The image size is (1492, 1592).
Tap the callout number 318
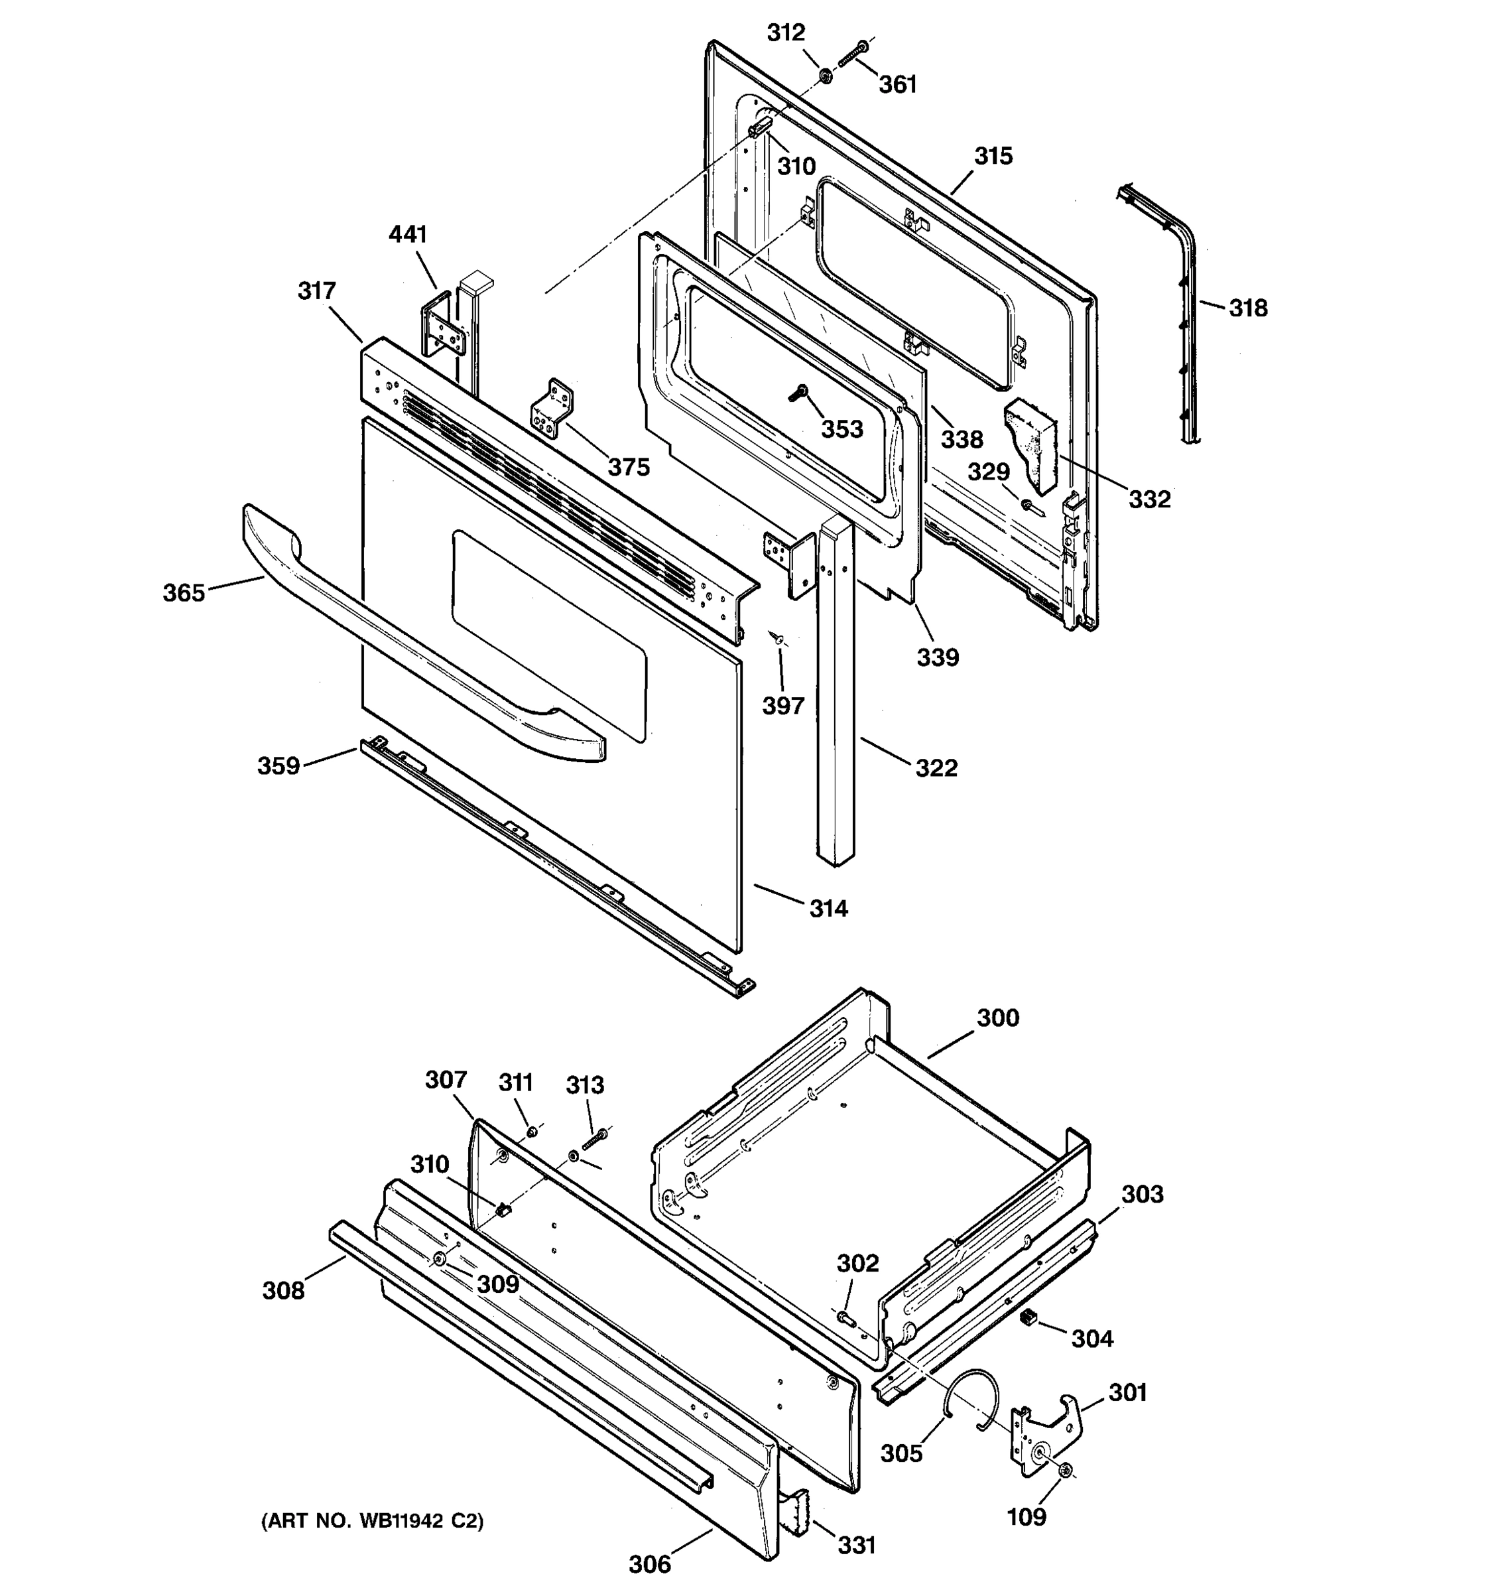point(1248,308)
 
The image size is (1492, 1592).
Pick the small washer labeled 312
point(824,77)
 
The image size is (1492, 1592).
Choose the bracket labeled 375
point(552,410)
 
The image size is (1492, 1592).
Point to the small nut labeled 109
point(1066,1470)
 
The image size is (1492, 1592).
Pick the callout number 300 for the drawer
point(998,1018)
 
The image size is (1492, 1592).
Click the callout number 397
point(782,706)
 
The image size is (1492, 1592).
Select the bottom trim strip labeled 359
point(552,865)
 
